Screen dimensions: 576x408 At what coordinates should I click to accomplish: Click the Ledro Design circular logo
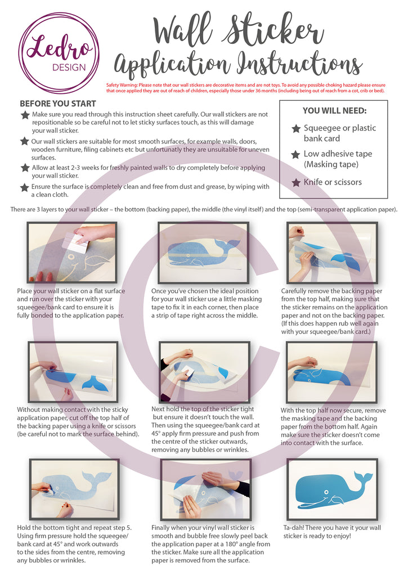click(x=56, y=52)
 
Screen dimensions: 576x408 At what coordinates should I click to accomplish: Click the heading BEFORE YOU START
click(x=58, y=103)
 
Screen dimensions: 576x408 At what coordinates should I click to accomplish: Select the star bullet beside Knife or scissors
click(x=295, y=182)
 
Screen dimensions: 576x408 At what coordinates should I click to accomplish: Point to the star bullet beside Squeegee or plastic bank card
click(x=295, y=129)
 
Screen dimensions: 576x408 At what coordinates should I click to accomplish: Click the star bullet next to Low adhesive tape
click(x=295, y=154)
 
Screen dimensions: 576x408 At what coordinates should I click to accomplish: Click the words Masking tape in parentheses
click(x=331, y=164)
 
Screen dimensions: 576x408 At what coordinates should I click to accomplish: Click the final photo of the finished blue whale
click(x=332, y=487)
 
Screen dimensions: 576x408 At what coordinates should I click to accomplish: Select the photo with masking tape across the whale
click(x=203, y=251)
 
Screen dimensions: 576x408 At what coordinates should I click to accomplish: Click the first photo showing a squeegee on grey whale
click(x=72, y=253)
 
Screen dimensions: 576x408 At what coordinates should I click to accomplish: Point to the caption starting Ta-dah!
click(x=331, y=532)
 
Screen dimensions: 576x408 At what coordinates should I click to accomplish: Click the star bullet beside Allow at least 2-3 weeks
click(x=25, y=168)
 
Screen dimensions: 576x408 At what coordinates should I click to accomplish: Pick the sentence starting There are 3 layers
click(x=204, y=209)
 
